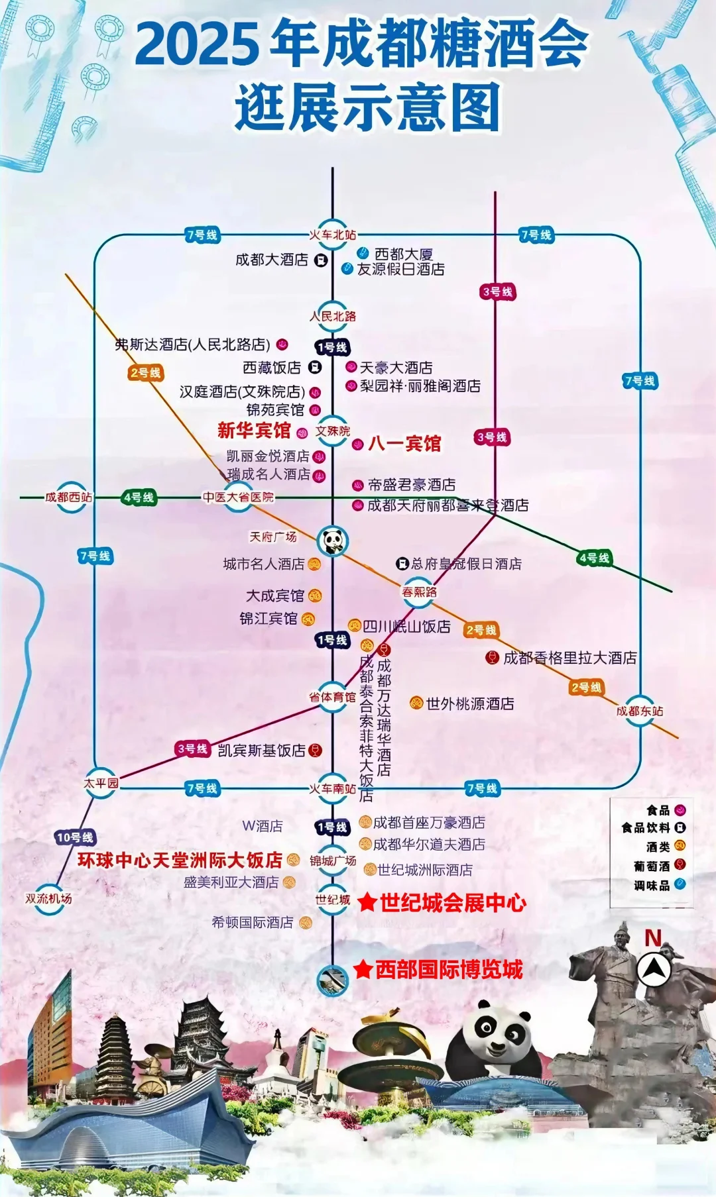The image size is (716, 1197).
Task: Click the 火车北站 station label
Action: pos(333,234)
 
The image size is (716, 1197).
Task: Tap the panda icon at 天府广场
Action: pos(333,541)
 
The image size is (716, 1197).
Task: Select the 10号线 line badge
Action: pos(75,837)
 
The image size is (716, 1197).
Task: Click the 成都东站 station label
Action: pos(639,711)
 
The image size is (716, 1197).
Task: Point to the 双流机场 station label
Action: pos(48,898)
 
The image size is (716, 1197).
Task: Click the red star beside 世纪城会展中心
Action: pos(367,902)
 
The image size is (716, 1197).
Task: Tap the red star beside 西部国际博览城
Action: pos(363,970)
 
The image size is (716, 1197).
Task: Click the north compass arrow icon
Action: pos(654,970)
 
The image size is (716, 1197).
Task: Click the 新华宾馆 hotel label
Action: pos(254,431)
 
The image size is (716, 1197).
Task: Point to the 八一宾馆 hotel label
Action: pos(404,444)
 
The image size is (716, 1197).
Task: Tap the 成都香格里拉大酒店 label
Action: pos(569,658)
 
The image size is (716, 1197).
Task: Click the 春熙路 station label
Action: pos(419,592)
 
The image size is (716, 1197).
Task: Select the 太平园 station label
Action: pos(101,783)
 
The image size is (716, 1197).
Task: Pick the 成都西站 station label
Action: pos(68,497)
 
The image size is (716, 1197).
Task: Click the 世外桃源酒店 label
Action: pos(469,703)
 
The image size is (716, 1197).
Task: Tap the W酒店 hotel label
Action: pos(263,826)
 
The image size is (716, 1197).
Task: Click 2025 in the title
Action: pos(196,44)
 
